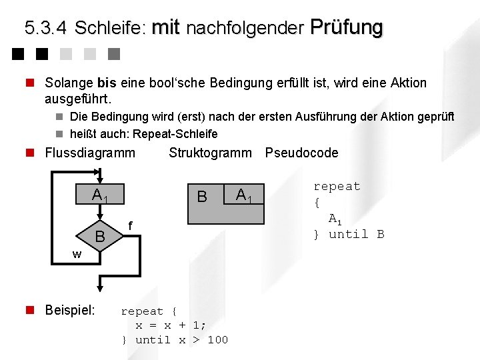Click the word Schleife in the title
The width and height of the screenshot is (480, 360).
(111, 28)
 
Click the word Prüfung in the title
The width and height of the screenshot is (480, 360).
(347, 27)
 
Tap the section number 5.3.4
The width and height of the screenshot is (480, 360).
(45, 28)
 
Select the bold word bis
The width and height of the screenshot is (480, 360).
(107, 83)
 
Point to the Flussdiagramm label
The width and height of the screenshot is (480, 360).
(89, 153)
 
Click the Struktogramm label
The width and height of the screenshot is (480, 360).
(210, 153)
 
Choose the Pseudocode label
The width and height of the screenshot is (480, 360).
(301, 153)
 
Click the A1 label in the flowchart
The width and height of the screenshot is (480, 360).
(100, 196)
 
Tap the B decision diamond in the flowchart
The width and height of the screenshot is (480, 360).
(100, 236)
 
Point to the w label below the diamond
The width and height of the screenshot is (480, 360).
(77, 254)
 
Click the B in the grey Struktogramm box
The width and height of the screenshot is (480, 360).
(202, 197)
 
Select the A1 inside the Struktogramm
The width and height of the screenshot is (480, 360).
(243, 195)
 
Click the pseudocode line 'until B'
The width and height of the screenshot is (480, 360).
(356, 234)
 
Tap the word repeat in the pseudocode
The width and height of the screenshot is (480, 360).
(337, 187)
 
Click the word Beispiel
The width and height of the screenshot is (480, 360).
(69, 310)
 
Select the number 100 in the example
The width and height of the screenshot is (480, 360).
(217, 340)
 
